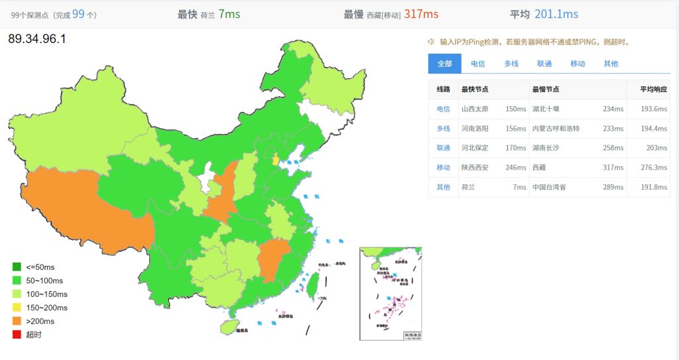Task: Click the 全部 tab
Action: click(444, 64)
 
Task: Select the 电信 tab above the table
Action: click(477, 64)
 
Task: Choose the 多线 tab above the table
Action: click(511, 64)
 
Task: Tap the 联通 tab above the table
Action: click(544, 64)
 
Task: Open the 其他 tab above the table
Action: click(611, 64)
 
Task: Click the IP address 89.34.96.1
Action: click(37, 39)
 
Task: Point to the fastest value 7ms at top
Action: click(229, 14)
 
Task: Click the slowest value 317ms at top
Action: click(421, 14)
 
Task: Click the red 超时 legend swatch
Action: click(17, 334)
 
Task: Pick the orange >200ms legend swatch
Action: click(17, 321)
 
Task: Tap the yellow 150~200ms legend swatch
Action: click(17, 308)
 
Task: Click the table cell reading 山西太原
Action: click(474, 109)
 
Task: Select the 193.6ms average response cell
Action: click(653, 109)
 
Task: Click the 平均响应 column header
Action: click(653, 90)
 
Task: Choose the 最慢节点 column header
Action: click(545, 90)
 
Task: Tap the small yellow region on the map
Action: click(275, 159)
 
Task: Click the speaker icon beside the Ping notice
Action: click(431, 41)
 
